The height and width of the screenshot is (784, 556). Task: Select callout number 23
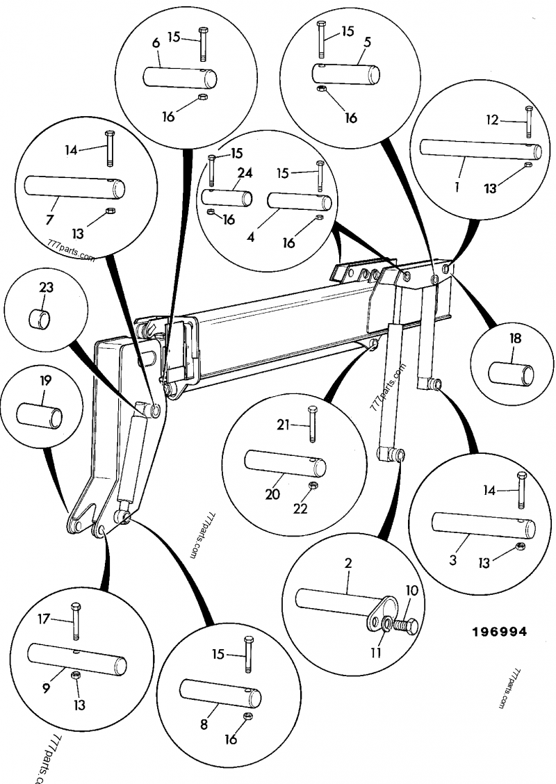click(x=46, y=287)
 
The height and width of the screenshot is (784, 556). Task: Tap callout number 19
click(x=45, y=382)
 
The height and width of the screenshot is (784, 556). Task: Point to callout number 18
click(x=515, y=339)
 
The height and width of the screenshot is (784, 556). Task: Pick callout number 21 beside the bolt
click(x=282, y=425)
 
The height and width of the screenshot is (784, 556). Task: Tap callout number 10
click(x=411, y=591)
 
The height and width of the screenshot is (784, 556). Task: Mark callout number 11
click(x=376, y=653)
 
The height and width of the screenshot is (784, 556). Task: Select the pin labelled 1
click(x=480, y=148)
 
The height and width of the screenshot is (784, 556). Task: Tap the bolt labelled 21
click(x=310, y=423)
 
